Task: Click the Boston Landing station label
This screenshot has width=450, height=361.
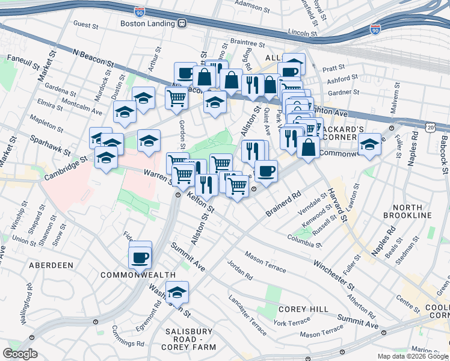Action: tap(147, 23)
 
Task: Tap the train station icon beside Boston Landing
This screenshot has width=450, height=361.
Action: tap(182, 23)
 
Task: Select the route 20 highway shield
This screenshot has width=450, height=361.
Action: tap(430, 128)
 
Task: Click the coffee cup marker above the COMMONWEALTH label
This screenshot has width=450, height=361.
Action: tap(140, 258)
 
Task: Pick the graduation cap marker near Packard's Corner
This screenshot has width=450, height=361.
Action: tap(369, 145)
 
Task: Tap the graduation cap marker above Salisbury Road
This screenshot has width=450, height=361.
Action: tap(177, 292)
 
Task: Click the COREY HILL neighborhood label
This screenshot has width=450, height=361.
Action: tap(303, 309)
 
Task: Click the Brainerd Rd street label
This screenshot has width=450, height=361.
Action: tap(283, 205)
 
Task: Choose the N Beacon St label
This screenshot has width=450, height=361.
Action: tap(93, 58)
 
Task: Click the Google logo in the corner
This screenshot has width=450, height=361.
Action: tap(20, 353)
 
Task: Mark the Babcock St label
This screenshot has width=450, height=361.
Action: tap(443, 147)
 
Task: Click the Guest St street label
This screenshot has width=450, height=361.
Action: tap(85, 25)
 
